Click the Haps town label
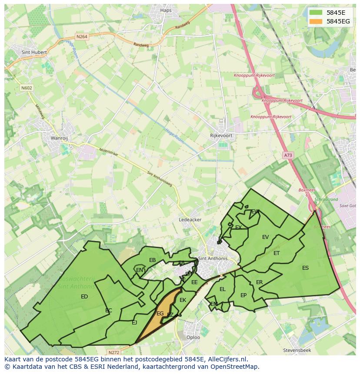(166, 10)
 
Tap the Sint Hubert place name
(33, 52)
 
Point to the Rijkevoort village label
(221, 136)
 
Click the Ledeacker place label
(190, 220)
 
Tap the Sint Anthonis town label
(213, 258)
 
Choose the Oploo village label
(193, 337)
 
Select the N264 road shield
(81, 37)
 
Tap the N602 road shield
(27, 88)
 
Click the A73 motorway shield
(288, 155)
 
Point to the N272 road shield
(114, 352)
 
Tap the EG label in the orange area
(160, 313)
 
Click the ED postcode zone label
(84, 297)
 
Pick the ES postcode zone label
(305, 268)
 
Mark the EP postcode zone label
(243, 295)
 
